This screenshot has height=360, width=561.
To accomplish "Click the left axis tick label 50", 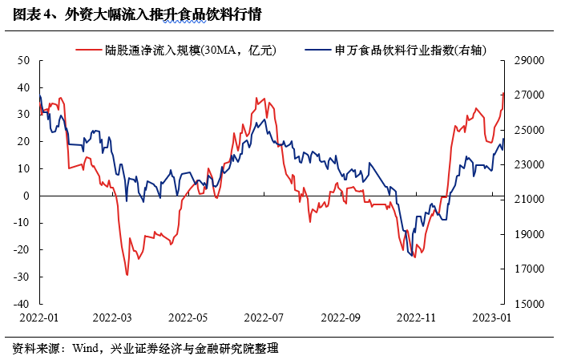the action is tap(23, 60).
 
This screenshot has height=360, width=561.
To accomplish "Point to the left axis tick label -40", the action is tap(22, 304).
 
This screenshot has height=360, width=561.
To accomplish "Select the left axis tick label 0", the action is tap(26, 196).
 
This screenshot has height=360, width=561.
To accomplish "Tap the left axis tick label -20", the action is tap(22, 250).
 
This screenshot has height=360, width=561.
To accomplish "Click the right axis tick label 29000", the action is tap(529, 60).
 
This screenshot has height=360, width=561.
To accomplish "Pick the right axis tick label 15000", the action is tap(529, 304).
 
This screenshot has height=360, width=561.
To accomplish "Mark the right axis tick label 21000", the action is tap(529, 200).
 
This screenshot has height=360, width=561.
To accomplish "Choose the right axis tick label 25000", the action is tap(529, 130).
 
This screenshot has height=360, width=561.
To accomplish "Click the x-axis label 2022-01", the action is tap(39, 318).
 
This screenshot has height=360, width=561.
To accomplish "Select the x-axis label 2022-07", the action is tap(264, 318).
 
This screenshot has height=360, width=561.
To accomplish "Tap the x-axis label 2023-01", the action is tap(492, 318).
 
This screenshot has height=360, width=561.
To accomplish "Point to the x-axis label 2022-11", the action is tap(416, 318).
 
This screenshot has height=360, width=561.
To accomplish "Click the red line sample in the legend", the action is tap(89, 50).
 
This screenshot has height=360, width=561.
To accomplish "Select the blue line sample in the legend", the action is tap(318, 50).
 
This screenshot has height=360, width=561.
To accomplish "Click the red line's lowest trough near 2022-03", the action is tap(127, 275).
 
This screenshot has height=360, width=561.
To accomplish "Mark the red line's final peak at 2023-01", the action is tap(503, 93).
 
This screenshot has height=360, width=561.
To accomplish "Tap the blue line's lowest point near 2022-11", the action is tap(412, 256).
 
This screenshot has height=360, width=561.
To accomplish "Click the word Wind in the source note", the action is tap(85, 348).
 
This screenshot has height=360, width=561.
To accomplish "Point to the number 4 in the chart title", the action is tap(48, 15).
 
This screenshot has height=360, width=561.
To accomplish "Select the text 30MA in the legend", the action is tap(220, 50).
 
